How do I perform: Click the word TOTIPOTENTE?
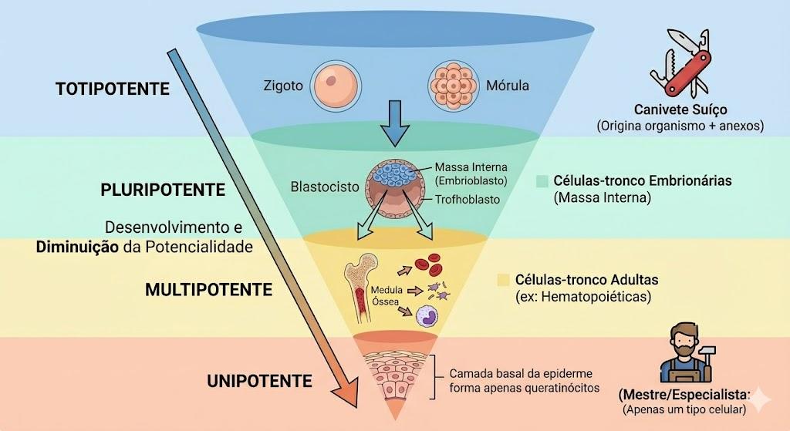point(113,89)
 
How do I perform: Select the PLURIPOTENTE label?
point(163,190)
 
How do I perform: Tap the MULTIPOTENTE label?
point(208,289)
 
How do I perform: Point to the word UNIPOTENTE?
point(259,381)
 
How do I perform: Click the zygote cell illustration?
point(335,85)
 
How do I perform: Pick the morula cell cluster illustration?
point(453,86)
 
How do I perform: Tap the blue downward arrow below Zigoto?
point(396,123)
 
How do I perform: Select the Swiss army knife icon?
point(680,63)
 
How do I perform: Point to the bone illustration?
point(360,288)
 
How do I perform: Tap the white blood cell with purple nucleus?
point(427,317)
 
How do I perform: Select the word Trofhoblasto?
point(468,200)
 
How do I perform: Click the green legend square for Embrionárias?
point(542,181)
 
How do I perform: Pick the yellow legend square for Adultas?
point(503,280)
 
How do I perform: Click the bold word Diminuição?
point(77,247)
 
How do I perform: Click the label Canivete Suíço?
point(680,109)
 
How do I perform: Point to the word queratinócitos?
point(562,388)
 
